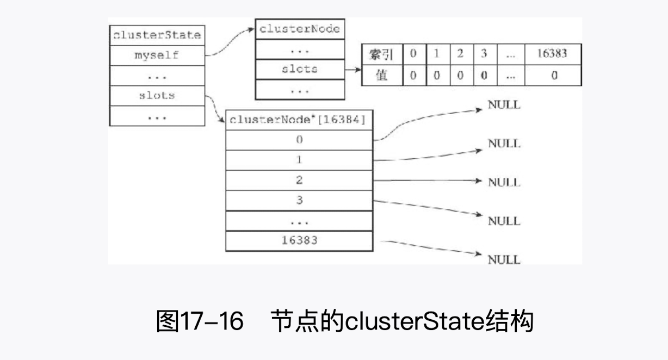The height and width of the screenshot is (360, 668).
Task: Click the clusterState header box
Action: pyautogui.click(x=157, y=36)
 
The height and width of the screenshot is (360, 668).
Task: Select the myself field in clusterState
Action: pyautogui.click(x=157, y=55)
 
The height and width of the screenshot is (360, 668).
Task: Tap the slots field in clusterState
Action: pyautogui.click(x=157, y=96)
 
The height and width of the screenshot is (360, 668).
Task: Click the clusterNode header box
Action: pyautogui.click(x=300, y=29)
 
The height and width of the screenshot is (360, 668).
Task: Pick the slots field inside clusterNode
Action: pyautogui.click(x=300, y=70)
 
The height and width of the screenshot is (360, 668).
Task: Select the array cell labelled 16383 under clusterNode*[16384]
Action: pyautogui.click(x=299, y=240)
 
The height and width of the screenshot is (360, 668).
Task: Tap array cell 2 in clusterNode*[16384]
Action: pyautogui.click(x=299, y=180)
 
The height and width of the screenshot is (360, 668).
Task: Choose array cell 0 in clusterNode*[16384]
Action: pyautogui.click(x=299, y=140)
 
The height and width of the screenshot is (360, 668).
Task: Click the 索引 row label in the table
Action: pyautogui.click(x=382, y=54)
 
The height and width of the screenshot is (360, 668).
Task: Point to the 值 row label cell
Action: pyautogui.click(x=382, y=76)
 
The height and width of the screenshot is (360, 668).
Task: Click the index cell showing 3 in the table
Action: pyautogui.click(x=484, y=54)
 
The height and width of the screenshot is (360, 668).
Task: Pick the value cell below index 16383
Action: pyautogui.click(x=553, y=76)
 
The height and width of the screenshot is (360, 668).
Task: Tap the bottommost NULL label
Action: pyautogui.click(x=504, y=259)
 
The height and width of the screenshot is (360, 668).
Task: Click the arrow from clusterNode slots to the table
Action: pyautogui.click(x=353, y=70)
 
